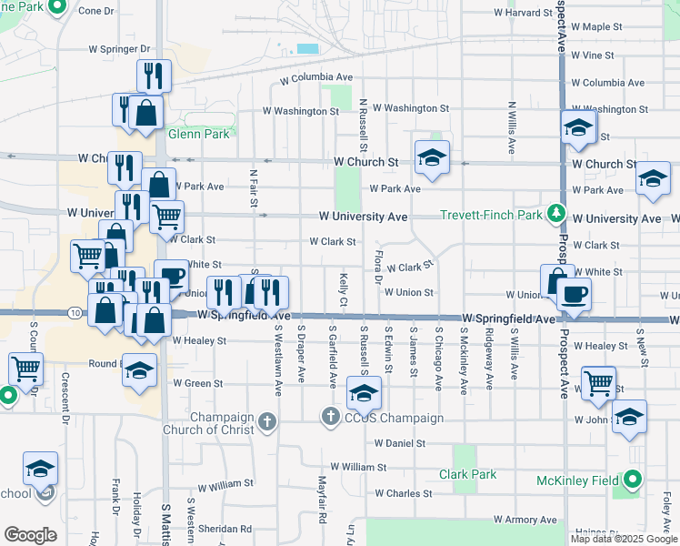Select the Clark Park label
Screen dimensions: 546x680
coord(467,474)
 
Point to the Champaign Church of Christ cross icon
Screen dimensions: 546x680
coord(265,421)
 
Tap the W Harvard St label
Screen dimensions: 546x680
coord(523,13)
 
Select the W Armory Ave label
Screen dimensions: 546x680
coord(525,519)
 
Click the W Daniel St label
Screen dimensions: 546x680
coord(399,444)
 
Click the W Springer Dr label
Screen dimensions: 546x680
coord(118,49)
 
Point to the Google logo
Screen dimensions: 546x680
coord(30,534)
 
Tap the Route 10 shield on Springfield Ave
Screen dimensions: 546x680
coord(74,313)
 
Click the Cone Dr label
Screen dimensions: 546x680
coord(96,11)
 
